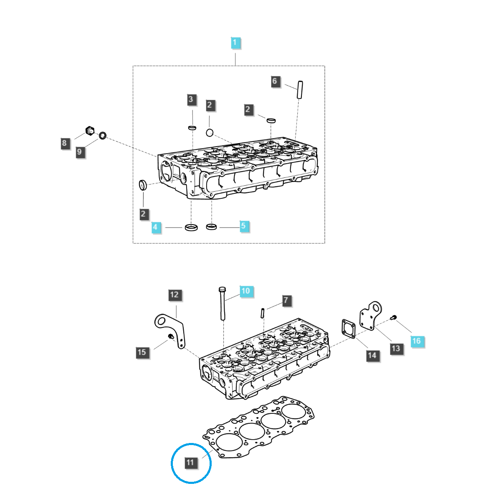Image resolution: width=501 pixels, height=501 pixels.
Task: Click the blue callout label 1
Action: [x=235, y=43]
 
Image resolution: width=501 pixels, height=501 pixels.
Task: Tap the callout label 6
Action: [x=274, y=81]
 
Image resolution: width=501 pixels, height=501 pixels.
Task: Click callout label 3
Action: [x=191, y=99]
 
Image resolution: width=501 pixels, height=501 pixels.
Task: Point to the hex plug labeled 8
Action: [x=90, y=130]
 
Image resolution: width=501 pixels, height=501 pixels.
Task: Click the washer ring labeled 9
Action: [x=102, y=135]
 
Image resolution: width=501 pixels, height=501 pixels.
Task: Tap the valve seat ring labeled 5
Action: [x=212, y=227]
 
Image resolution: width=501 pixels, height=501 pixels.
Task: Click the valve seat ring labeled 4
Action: [x=191, y=228]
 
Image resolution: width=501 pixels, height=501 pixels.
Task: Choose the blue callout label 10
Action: [x=245, y=291]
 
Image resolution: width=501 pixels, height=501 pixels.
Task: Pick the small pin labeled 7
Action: [x=263, y=312]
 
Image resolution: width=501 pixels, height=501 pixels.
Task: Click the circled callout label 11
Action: [x=190, y=462]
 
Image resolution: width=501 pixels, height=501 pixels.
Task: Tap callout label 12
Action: [x=174, y=295]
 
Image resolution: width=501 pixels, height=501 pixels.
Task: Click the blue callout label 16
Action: [x=416, y=341]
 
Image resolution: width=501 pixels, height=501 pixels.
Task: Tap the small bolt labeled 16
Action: [x=393, y=319]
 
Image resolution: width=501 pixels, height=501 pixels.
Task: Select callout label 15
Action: [x=142, y=352]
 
